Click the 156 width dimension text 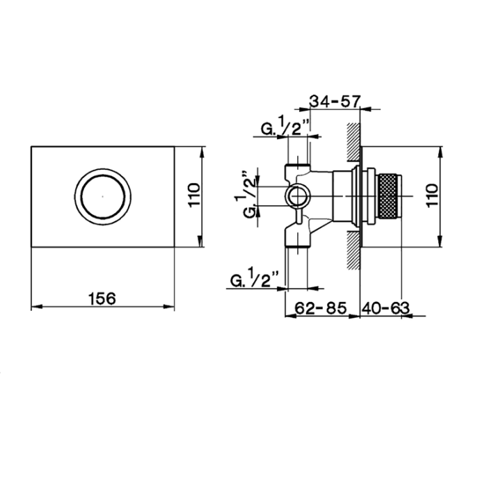(x=102, y=297)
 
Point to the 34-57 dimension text (x=335, y=102)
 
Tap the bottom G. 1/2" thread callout (x=255, y=279)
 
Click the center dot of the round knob (x=103, y=196)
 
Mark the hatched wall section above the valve (x=353, y=143)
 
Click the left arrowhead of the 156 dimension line (x=36, y=307)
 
